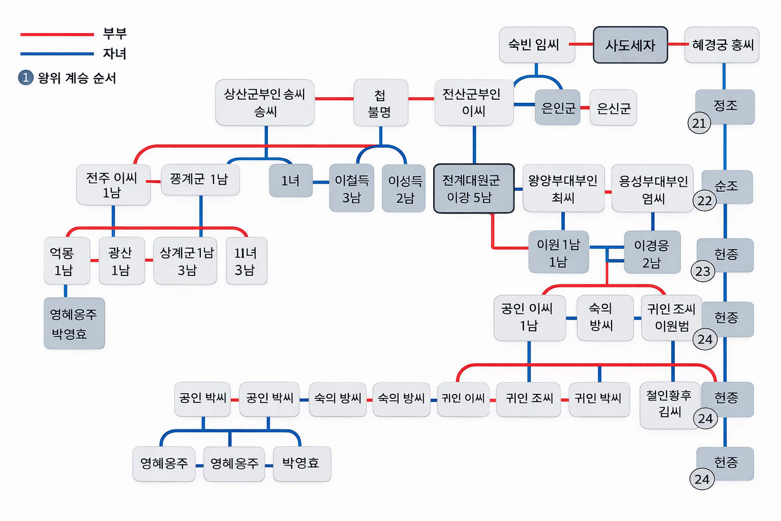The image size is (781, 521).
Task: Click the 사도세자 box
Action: point(630,45)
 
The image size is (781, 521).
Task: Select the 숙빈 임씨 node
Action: point(536,45)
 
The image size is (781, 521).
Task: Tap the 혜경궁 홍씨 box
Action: point(722,45)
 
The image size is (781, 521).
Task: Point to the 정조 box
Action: point(726,105)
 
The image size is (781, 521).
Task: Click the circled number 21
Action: point(699,123)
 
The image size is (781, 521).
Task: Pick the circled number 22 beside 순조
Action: point(705,201)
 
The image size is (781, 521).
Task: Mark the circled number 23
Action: point(703,271)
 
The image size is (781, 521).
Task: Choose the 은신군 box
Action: point(613,108)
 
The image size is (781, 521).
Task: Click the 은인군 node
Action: point(558,108)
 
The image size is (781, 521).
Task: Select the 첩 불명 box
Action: point(380,103)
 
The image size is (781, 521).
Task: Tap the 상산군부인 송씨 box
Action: point(264,103)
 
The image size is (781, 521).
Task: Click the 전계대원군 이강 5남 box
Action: point(473,189)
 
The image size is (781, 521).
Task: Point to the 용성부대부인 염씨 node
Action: point(653,189)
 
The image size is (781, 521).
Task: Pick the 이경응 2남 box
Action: point(652,253)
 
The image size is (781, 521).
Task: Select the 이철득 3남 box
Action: point(351,189)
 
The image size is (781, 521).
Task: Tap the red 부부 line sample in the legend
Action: point(57,35)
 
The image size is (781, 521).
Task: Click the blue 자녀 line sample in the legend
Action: point(57,53)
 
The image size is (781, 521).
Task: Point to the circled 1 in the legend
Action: point(25,78)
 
